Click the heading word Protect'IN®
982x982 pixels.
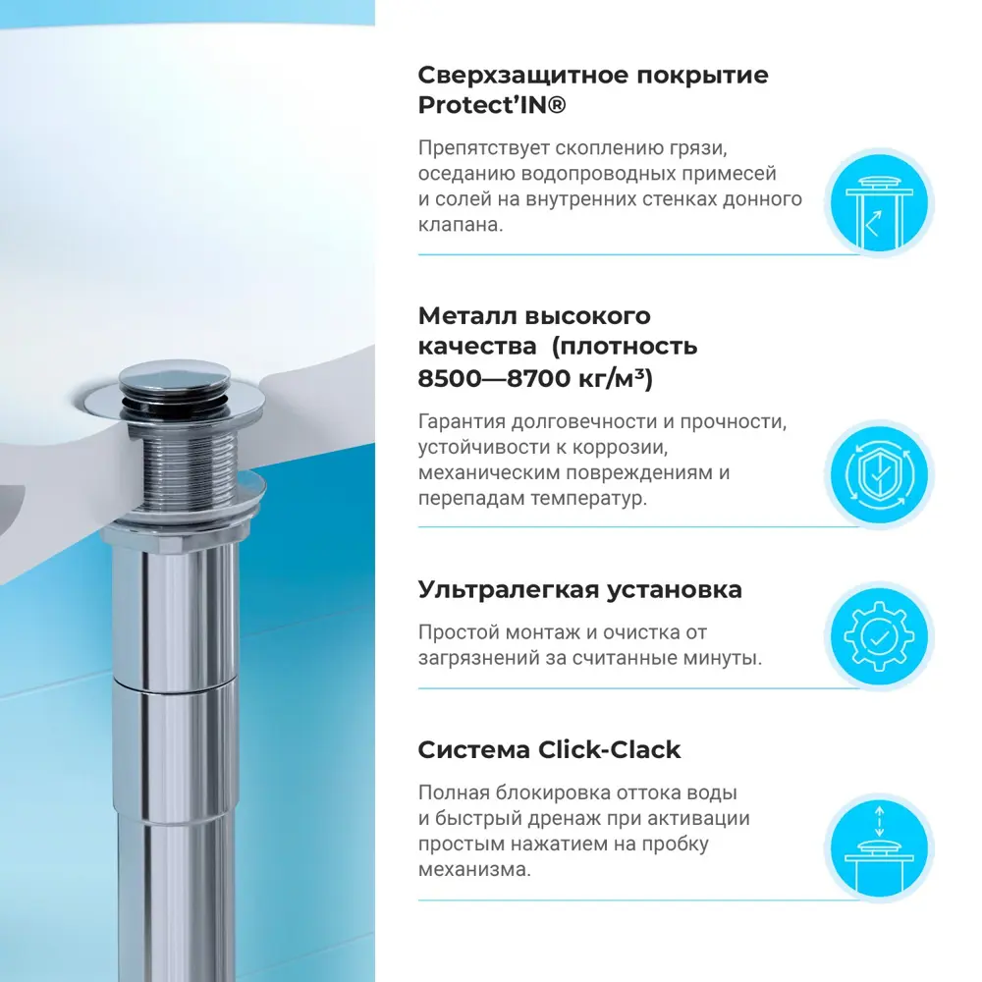(492, 106)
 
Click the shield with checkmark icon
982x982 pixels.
(877, 474)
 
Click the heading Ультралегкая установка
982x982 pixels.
(579, 590)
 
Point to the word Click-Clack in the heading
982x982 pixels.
(610, 750)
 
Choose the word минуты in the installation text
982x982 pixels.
(726, 658)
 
